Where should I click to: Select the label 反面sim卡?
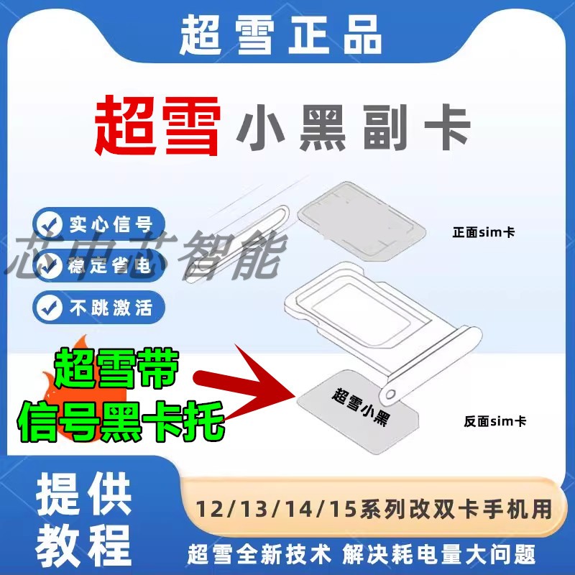494,420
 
